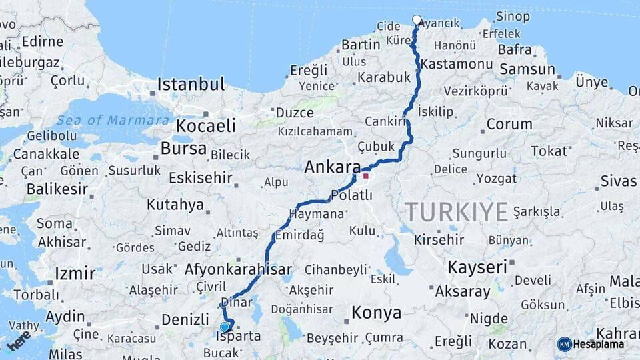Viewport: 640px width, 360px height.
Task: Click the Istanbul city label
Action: (x=191, y=84)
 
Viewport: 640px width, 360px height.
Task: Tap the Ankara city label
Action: (x=332, y=167)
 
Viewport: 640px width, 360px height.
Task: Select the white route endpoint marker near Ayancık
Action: (x=417, y=20)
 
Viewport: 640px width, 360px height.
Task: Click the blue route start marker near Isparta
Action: (x=225, y=327)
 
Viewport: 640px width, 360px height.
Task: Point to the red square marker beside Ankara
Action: (x=365, y=176)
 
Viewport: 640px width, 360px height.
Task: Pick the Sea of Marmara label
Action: (x=113, y=121)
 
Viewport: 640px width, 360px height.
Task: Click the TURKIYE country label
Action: (x=457, y=212)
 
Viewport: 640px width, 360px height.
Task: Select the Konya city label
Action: (x=376, y=312)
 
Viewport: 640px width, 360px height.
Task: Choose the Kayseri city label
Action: (x=477, y=267)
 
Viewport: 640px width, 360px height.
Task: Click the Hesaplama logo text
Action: (x=599, y=344)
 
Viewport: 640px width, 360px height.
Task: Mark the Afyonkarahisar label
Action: (x=239, y=269)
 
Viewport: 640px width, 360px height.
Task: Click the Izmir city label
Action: (x=75, y=273)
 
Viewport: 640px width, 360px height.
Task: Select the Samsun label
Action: (x=527, y=69)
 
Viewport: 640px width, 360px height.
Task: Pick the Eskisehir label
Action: (x=200, y=178)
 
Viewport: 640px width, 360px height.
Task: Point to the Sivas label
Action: (x=619, y=181)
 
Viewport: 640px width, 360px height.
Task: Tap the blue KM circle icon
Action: (x=565, y=344)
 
